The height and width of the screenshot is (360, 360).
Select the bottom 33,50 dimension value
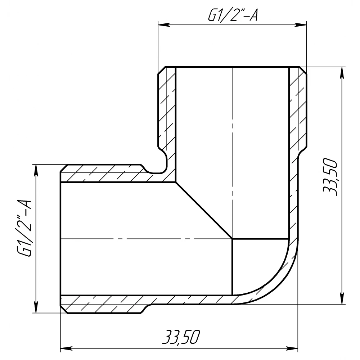pyautogui.click(x=181, y=337)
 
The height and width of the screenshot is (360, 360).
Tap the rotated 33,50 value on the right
pyautogui.click(x=330, y=177)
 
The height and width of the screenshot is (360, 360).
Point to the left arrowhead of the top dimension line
pyautogui.click(x=164, y=25)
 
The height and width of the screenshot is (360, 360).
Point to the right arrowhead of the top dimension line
pyautogui.click(x=301, y=25)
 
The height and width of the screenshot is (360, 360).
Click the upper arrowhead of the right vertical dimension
pyautogui.click(x=342, y=73)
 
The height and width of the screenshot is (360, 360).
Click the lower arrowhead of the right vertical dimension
pyautogui.click(x=342, y=298)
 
